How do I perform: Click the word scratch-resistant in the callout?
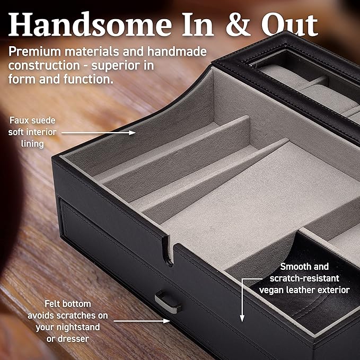(304, 278)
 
